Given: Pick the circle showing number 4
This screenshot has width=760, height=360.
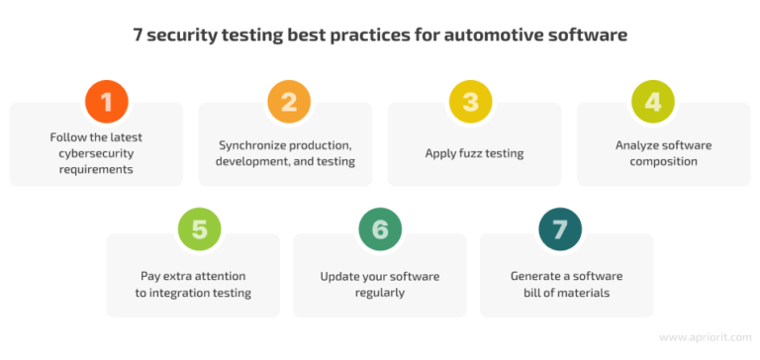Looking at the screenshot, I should pyautogui.click(x=654, y=101).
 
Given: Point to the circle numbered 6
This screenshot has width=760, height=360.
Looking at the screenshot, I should pyautogui.click(x=379, y=229).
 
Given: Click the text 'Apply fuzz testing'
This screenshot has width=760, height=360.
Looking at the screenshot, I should pyautogui.click(x=473, y=153).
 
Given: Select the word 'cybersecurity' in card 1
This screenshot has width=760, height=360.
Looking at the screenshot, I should pyautogui.click(x=96, y=153).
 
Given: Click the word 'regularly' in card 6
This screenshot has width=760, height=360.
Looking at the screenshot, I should pyautogui.click(x=380, y=293).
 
